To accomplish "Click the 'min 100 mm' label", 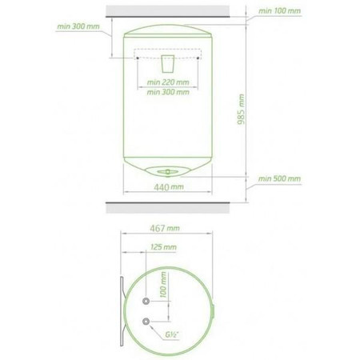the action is click(x=279, y=11).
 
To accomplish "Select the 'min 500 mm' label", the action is click(x=279, y=178).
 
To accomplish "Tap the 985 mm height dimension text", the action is click(x=241, y=109).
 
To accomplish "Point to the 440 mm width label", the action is click(x=169, y=187).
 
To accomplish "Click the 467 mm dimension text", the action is click(x=165, y=228).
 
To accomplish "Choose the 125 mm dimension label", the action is click(x=163, y=247).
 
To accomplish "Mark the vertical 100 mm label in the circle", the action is click(x=163, y=285).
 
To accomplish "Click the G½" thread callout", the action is click(x=171, y=334).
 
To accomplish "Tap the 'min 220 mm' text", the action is click(x=168, y=82).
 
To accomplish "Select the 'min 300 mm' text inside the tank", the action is click(x=168, y=92).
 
